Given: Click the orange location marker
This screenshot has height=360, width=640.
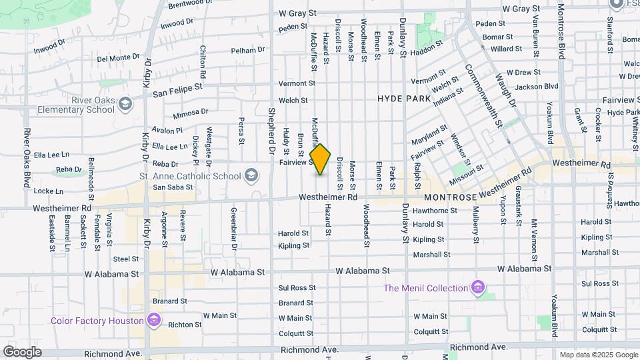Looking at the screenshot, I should point(321,159).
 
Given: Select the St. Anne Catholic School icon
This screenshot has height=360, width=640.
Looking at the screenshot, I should point(251,176).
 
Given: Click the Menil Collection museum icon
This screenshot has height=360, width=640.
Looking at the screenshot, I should point(477,288).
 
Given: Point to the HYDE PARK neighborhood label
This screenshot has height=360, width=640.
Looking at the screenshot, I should point(404,98).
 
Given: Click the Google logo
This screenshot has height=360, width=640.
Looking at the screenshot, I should point(22,351).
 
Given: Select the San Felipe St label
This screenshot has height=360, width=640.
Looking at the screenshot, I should point(177,89).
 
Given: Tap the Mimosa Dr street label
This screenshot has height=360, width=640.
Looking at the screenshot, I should point(190,114).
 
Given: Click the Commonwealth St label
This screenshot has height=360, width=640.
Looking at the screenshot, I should point(483,96).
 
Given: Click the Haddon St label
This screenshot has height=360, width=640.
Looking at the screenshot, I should point(427,50).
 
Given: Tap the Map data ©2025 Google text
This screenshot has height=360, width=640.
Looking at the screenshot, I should point(598,355).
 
